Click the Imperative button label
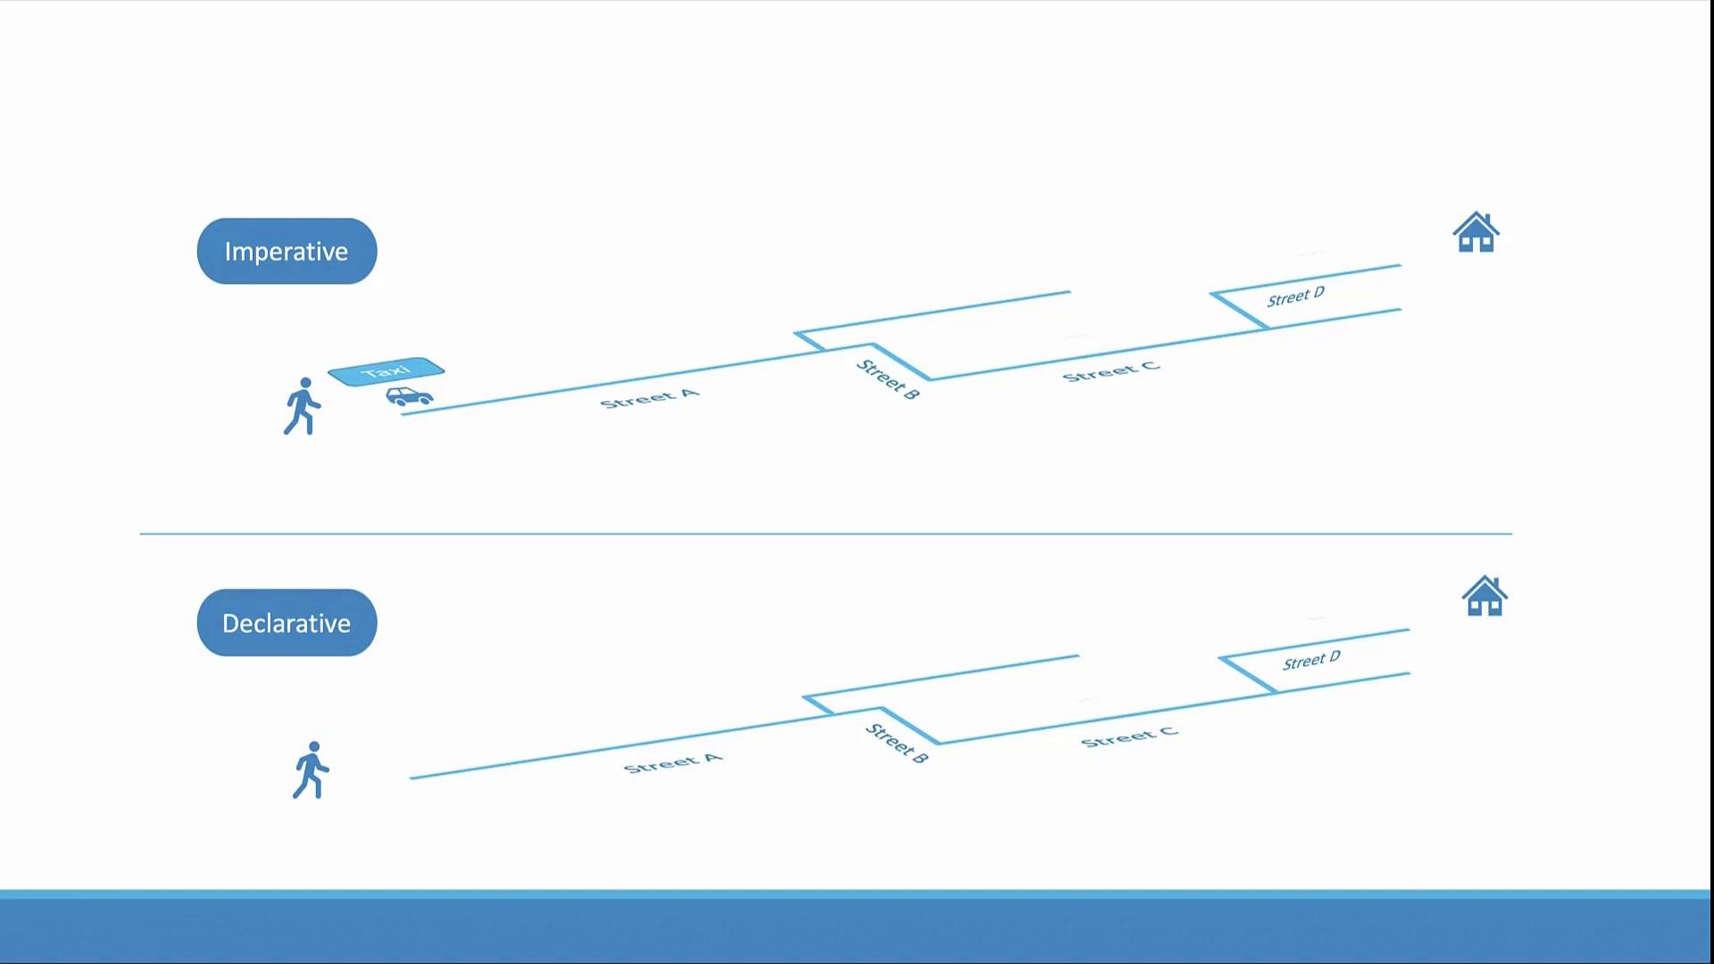tap(287, 252)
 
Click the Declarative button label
tap(287, 623)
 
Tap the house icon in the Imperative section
tap(1476, 233)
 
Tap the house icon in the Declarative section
tap(1485, 596)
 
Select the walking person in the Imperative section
tap(303, 407)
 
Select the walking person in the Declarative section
tap(311, 770)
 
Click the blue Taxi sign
tap(386, 371)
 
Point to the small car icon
tap(410, 395)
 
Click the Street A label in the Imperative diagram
tap(649, 399)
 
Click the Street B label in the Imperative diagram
tap(887, 379)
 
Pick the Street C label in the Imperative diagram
tap(1111, 371)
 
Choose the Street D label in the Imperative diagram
tap(1295, 297)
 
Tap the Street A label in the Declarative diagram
tap(672, 763)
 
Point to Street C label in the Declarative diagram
tap(1129, 736)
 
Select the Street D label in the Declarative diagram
tap(1311, 661)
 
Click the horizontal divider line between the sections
tap(826, 534)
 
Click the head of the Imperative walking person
tap(306, 383)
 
